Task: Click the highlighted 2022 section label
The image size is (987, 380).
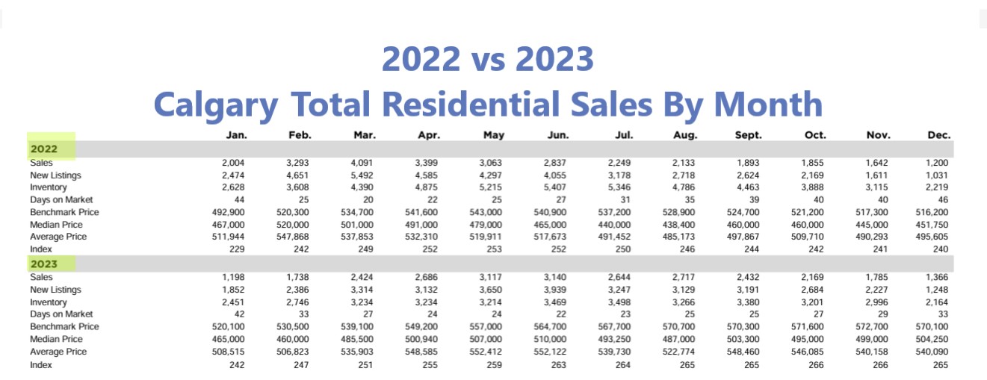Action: (x=44, y=149)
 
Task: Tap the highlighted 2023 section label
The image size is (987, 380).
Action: (x=44, y=264)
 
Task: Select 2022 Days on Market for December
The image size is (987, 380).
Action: (x=944, y=200)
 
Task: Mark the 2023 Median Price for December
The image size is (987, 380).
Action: (x=933, y=340)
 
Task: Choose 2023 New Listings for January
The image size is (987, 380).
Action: (x=234, y=290)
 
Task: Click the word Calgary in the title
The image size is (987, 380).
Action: (x=214, y=103)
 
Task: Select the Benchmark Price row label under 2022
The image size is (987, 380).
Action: (x=64, y=212)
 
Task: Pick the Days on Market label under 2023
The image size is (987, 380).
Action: (x=61, y=314)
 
